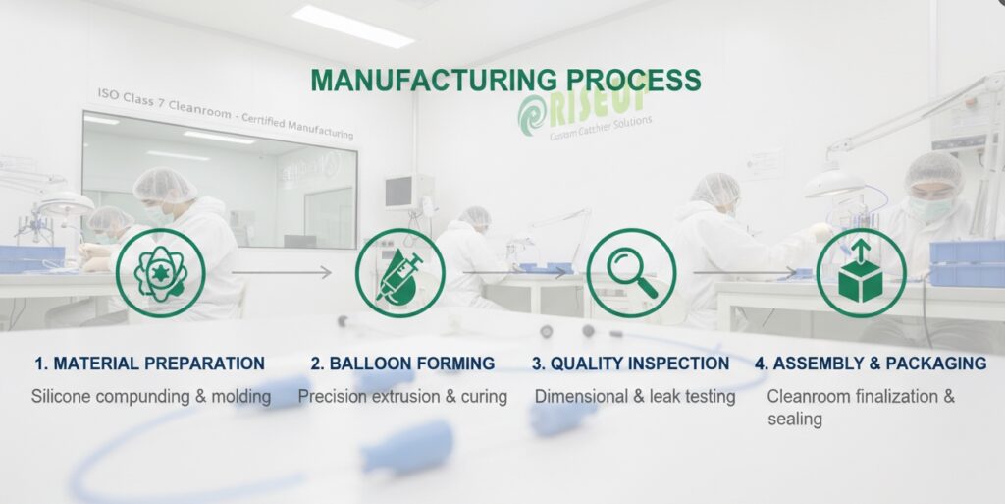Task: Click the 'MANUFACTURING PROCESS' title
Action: tap(505, 81)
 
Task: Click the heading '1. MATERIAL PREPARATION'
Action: tap(149, 364)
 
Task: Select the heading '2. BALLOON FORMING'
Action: tap(402, 364)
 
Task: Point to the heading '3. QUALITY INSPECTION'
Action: tap(630, 364)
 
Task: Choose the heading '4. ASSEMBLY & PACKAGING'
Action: tap(870, 364)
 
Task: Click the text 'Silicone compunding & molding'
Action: tap(150, 397)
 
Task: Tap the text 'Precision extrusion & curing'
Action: tap(402, 397)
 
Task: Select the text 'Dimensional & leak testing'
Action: tap(634, 397)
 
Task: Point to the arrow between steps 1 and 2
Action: tap(283, 272)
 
